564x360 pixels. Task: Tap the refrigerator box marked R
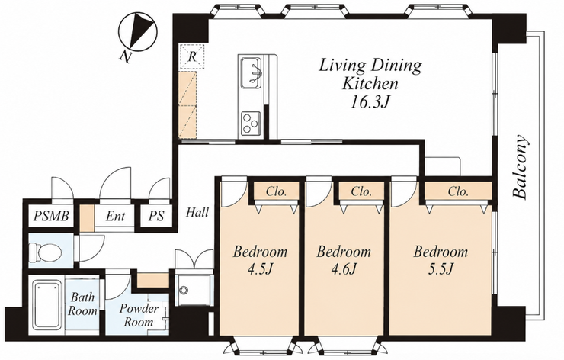pyautogui.click(x=192, y=56)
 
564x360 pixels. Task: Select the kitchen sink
pyautogui.click(x=251, y=72)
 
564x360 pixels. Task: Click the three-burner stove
pyautogui.click(x=251, y=123)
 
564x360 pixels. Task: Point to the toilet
pyautogui.click(x=45, y=251)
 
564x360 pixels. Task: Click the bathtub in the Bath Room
pyautogui.click(x=48, y=306)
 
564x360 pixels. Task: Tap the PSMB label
pyautogui.click(x=51, y=217)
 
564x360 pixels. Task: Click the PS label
pyautogui.click(x=156, y=217)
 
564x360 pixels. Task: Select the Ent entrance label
pyautogui.click(x=115, y=217)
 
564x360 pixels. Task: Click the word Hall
pyautogui.click(x=197, y=212)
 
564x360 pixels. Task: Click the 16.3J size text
pyautogui.click(x=370, y=103)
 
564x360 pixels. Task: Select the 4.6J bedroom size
pyautogui.click(x=344, y=268)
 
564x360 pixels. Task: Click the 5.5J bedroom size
pyautogui.click(x=441, y=268)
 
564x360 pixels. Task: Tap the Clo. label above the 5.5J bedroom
pyautogui.click(x=458, y=191)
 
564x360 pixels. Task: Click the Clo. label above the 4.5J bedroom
pyautogui.click(x=276, y=191)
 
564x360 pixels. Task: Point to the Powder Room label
pyautogui.click(x=139, y=315)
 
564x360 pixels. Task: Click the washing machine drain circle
pyautogui.click(x=184, y=289)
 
